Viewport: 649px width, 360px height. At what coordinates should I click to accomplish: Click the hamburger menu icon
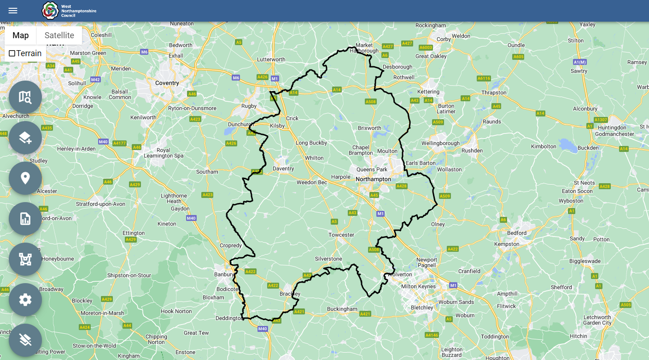[13, 11]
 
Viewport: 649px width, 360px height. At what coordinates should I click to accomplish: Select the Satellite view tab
[59, 35]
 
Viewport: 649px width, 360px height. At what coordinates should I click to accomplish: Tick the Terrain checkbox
[12, 53]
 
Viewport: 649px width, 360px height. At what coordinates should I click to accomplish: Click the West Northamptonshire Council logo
[50, 10]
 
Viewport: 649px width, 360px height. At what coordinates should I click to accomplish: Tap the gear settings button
[25, 300]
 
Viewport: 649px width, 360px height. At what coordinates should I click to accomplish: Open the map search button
[25, 97]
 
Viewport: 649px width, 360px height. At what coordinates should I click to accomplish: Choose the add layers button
[25, 138]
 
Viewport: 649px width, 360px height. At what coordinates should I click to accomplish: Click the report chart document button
[25, 219]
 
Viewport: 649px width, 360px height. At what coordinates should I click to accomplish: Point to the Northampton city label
[373, 179]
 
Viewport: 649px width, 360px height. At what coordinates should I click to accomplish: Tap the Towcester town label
[341, 235]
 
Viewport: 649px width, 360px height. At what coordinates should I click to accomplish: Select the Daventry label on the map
[283, 168]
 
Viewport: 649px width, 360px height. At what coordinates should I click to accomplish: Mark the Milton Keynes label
[418, 286]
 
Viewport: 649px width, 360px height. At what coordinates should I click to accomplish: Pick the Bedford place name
[517, 233]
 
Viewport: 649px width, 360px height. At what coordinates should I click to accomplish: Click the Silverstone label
[328, 259]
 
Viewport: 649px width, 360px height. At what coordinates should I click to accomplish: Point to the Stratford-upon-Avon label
[100, 204]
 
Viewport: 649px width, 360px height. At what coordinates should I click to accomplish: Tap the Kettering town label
[428, 92]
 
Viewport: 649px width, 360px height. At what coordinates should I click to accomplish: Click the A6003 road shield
[426, 47]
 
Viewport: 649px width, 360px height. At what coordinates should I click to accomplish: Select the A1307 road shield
[601, 120]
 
